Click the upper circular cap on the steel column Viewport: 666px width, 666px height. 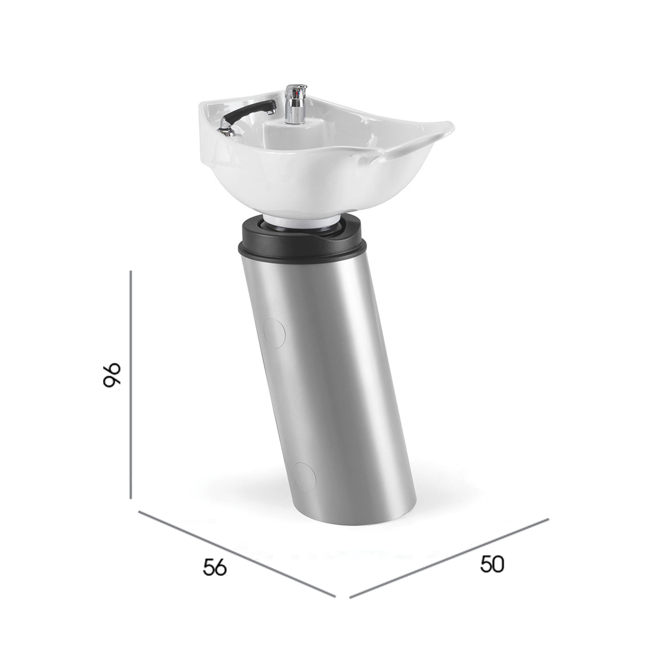(x=274, y=333)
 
